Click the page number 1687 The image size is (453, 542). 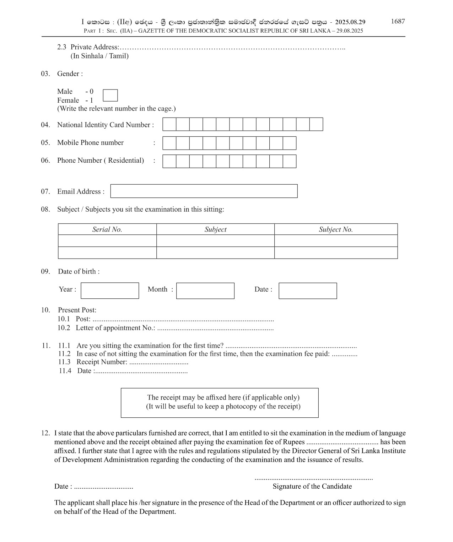coord(398,21)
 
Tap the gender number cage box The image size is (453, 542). coord(110,95)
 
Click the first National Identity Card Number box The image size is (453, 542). coord(169,124)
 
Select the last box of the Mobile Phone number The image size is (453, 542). coord(290,143)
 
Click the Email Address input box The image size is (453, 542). coord(204,191)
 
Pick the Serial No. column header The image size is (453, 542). coord(107,229)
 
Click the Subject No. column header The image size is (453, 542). coord(336,229)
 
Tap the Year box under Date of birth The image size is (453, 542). coord(110,291)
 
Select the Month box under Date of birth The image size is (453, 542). coord(205,291)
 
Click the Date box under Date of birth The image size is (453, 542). coord(308,291)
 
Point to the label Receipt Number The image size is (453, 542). coord(102,362)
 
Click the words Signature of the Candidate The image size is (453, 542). coord(312,487)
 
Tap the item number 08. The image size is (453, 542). coord(45,210)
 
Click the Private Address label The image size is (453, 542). coord(95,47)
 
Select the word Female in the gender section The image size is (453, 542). coord(68,101)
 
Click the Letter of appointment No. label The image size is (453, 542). coord(115,328)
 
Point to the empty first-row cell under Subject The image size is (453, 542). coord(215,241)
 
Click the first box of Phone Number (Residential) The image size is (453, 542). coord(169,161)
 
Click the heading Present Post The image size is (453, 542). coord(77,310)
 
